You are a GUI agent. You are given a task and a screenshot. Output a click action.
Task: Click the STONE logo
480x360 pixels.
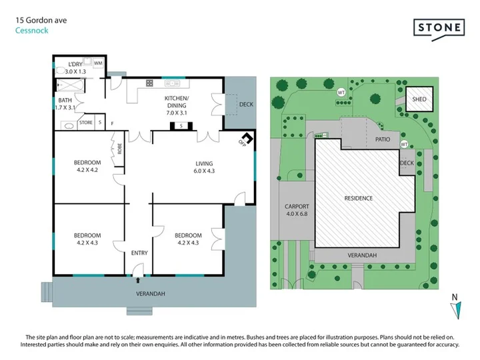[x=439, y=29]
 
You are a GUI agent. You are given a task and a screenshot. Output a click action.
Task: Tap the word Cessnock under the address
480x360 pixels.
[x=32, y=31]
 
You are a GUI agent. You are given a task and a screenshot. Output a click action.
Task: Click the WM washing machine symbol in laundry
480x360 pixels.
[x=98, y=63]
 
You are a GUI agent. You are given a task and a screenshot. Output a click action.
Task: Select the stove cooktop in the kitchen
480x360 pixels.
[x=149, y=83]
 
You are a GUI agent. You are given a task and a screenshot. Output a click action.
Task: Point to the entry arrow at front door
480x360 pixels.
[x=138, y=280]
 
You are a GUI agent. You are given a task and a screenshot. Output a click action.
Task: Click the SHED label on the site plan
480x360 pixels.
[x=419, y=99]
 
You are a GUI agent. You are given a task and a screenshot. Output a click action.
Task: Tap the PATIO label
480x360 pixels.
[x=383, y=139]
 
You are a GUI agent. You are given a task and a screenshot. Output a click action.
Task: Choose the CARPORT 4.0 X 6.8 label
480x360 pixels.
[x=297, y=210]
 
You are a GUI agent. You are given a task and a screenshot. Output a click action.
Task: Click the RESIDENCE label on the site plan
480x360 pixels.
[x=359, y=199]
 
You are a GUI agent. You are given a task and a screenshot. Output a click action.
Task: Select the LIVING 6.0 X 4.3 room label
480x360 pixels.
[x=204, y=167]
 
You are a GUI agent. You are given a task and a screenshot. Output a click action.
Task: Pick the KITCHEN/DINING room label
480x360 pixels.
[x=177, y=105]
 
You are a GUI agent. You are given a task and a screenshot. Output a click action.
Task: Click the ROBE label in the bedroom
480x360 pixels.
[x=120, y=149]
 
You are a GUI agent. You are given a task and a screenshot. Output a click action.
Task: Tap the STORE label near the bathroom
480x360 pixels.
[x=86, y=123]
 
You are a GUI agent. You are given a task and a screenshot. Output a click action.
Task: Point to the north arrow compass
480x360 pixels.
[x=456, y=310]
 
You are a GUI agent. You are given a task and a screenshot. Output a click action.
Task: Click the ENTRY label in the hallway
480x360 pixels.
[x=139, y=253]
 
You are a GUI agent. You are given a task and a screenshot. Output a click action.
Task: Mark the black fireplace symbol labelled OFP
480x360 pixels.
[x=247, y=138]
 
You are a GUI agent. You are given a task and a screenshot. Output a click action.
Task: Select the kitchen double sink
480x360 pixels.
[x=172, y=83]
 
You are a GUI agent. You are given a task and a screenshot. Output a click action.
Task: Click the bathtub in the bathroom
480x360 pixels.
[x=70, y=85]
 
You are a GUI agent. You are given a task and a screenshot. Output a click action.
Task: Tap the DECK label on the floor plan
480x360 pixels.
[x=246, y=105]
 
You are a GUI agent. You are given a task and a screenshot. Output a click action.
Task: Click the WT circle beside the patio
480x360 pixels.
[x=404, y=144]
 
